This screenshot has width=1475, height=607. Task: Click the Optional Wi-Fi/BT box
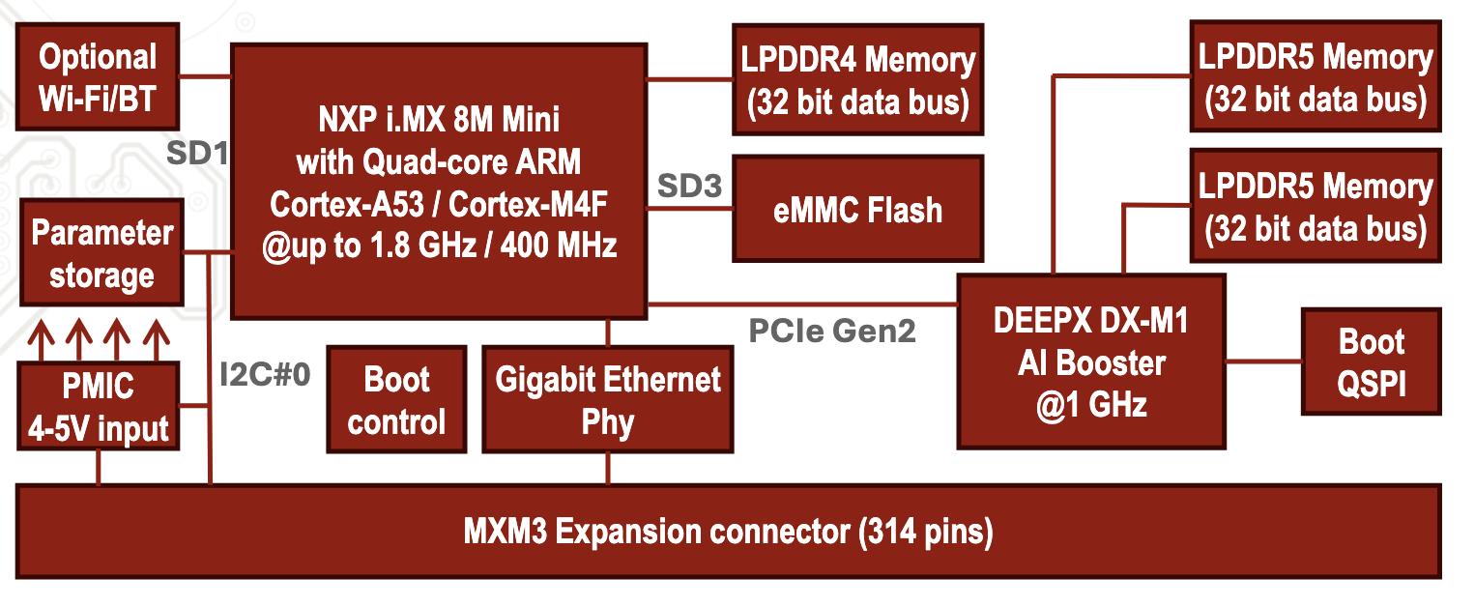point(98,78)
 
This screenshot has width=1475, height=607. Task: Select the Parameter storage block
point(101,254)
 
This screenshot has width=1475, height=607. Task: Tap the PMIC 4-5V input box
point(98,406)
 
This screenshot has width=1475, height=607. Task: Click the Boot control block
point(396,399)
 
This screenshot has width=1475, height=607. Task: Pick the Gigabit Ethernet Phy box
point(607,399)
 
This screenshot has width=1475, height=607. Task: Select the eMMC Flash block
point(856,210)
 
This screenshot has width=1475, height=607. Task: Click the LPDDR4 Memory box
point(856,80)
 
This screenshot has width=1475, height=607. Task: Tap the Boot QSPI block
point(1371,362)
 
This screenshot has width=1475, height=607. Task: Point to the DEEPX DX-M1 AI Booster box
point(1091,361)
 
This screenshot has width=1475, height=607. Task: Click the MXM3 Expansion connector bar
point(730,533)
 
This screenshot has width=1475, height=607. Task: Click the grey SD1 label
point(197,153)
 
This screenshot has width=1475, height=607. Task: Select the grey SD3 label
point(689,186)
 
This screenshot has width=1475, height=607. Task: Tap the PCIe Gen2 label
point(832,332)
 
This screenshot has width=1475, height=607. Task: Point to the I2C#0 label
point(265,375)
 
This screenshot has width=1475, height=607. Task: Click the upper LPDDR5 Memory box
point(1315,77)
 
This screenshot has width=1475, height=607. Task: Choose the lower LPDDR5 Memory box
point(1315,207)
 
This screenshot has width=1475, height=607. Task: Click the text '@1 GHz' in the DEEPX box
point(1091,403)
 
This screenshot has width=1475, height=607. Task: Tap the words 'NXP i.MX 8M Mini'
point(439,123)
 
